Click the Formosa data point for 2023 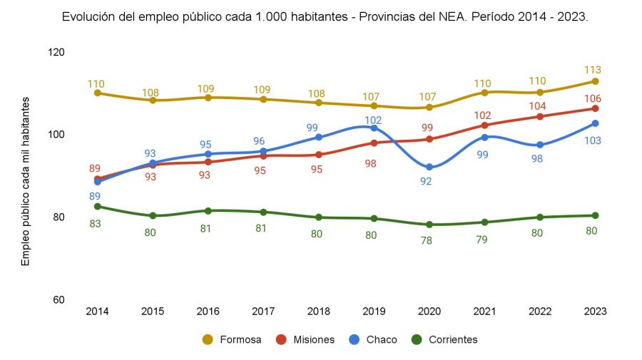click(595, 81)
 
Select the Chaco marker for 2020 click(429, 168)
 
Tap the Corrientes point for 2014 click(97, 207)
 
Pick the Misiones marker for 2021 click(484, 125)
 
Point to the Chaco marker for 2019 click(374, 128)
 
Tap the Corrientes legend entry click(446, 340)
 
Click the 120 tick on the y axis click(56, 52)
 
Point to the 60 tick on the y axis click(59, 299)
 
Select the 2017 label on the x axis click(263, 312)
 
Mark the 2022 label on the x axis click(540, 312)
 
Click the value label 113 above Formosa click(592, 70)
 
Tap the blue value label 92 click(427, 182)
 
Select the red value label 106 click(592, 98)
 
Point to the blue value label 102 click(374, 120)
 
